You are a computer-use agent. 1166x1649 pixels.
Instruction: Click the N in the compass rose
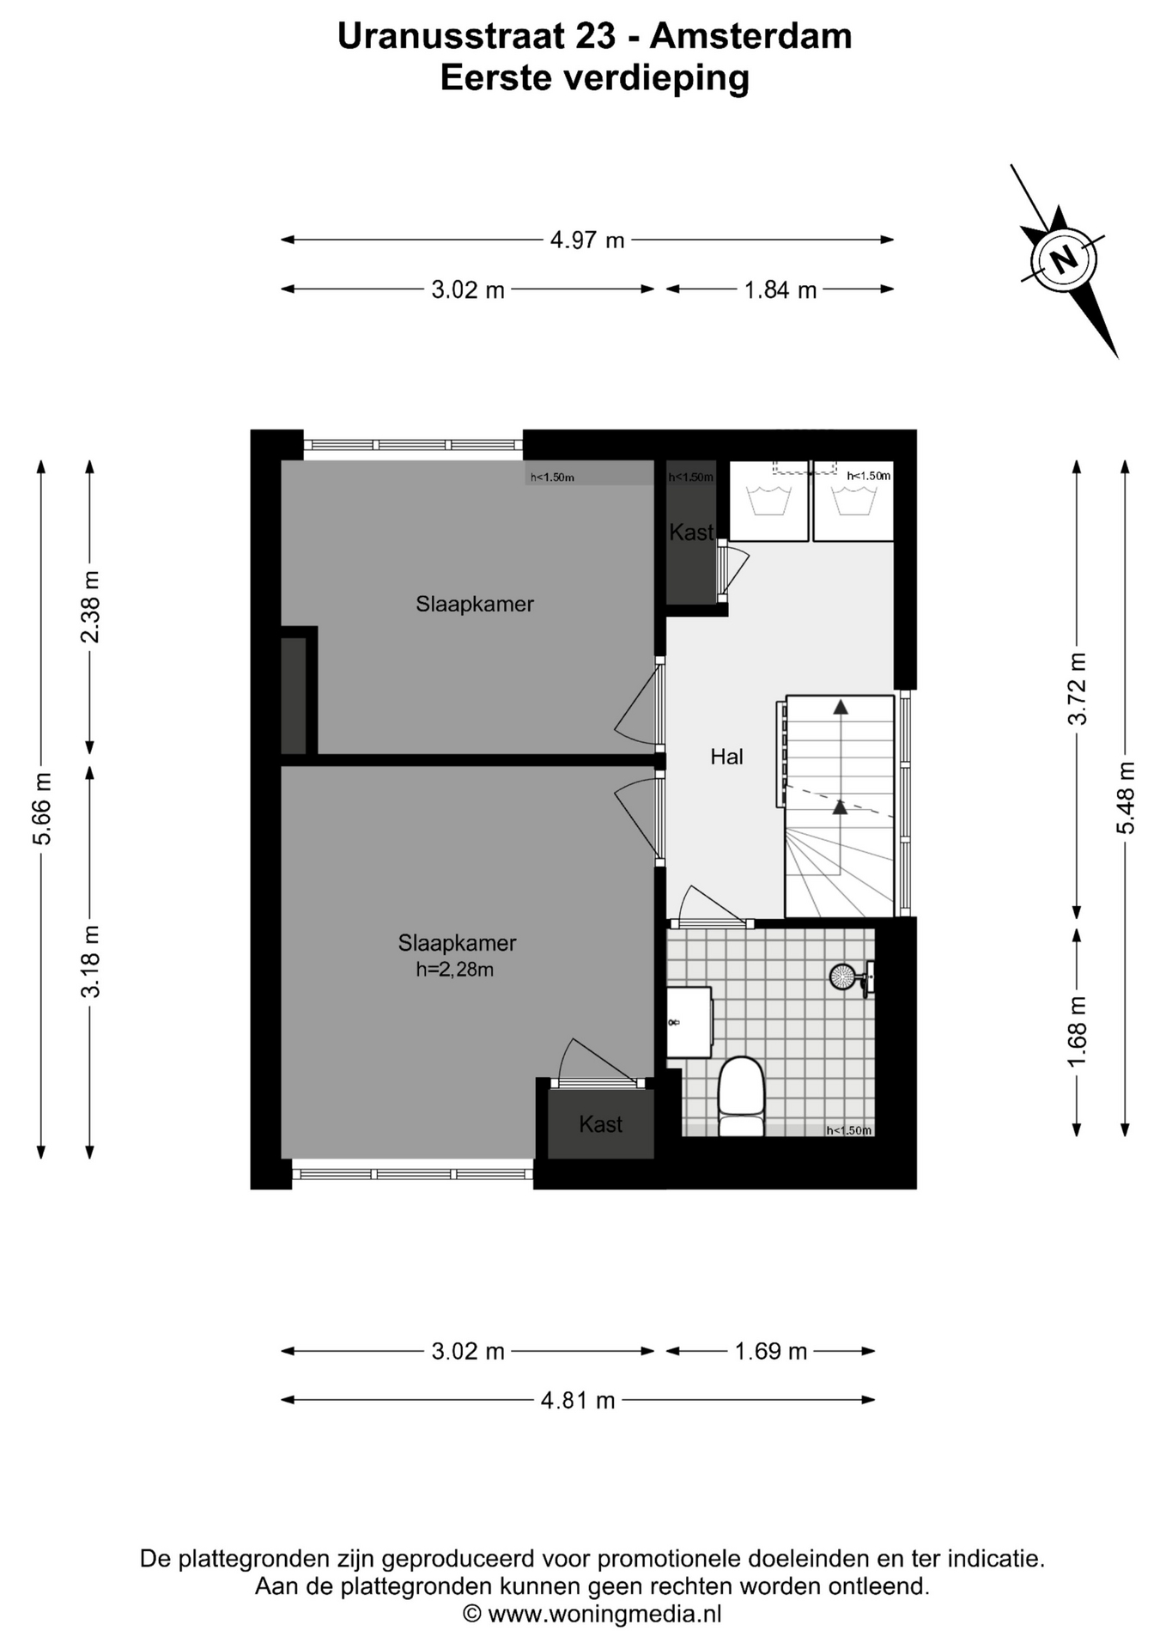tap(1064, 259)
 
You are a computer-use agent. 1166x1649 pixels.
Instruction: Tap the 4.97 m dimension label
tap(587, 240)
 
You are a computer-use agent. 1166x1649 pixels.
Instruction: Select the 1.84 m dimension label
tap(780, 289)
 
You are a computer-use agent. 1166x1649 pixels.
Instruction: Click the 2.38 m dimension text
tap(90, 606)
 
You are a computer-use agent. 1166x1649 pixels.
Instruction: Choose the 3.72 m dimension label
tap(1078, 689)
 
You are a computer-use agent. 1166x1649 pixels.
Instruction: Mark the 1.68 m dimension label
tap(1078, 1031)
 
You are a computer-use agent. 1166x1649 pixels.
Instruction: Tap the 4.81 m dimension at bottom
tap(578, 1400)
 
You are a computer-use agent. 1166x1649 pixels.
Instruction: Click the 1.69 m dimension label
tap(771, 1351)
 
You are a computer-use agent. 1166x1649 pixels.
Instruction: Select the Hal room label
tap(726, 757)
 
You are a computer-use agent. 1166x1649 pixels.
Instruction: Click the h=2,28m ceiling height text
tap(455, 971)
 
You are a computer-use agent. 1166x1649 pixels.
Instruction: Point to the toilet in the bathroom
tap(741, 1096)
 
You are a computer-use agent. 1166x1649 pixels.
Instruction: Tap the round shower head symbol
tap(841, 976)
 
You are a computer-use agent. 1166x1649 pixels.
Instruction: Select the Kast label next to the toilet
tap(600, 1124)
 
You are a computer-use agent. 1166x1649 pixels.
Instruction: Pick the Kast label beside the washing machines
tap(691, 532)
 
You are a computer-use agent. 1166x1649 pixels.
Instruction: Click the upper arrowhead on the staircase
tap(841, 707)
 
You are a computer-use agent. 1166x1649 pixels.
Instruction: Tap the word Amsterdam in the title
tap(750, 36)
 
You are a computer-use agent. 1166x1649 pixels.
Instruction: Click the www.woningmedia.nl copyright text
tap(592, 1614)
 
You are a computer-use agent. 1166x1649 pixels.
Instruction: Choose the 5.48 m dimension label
tap(1126, 798)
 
